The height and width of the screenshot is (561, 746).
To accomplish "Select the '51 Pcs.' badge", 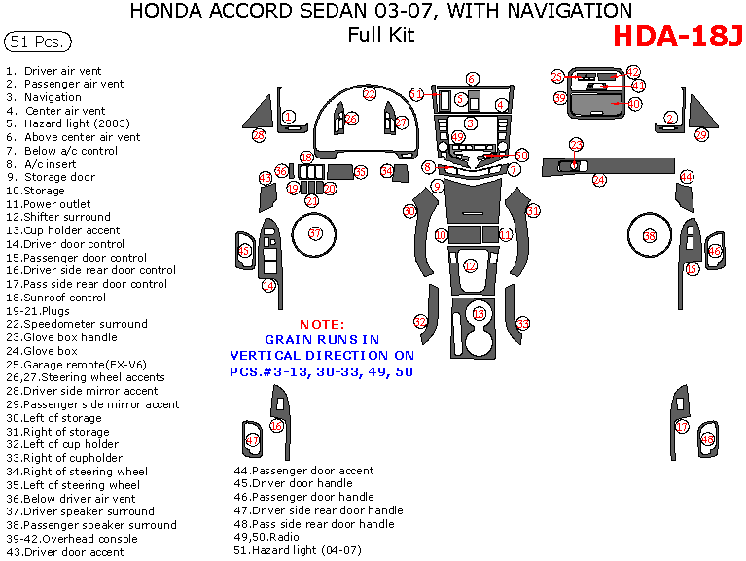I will click(36, 42).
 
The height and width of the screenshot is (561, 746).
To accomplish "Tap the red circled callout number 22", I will click(370, 94).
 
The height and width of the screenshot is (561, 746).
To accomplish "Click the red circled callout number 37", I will click(315, 233).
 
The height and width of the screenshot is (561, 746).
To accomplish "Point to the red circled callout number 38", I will click(650, 236).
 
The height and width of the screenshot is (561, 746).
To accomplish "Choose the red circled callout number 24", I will click(599, 180).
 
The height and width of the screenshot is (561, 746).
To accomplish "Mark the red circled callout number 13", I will click(479, 314).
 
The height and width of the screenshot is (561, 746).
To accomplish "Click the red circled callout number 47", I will click(252, 440).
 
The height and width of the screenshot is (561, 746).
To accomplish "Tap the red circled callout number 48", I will click(708, 440).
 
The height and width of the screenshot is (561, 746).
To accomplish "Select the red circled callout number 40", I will click(635, 103).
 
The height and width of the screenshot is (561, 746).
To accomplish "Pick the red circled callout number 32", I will click(420, 321).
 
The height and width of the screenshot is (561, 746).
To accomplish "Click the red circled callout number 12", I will click(471, 265).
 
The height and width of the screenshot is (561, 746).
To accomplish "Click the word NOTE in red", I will click(321, 324).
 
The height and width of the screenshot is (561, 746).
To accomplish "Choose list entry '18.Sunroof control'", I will click(55, 298).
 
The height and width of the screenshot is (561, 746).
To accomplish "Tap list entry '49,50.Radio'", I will click(268, 538).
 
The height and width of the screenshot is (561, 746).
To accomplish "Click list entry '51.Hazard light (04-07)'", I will click(297, 551).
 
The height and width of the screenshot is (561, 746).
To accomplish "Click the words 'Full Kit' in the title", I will click(381, 35).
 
